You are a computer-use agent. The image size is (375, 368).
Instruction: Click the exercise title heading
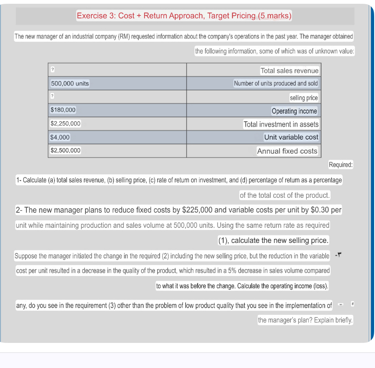tap(184, 16)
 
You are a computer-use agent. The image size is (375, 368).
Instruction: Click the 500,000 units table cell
tap(70, 84)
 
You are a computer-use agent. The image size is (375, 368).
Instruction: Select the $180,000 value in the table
tap(63, 110)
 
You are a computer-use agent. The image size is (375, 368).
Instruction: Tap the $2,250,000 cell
tap(65, 124)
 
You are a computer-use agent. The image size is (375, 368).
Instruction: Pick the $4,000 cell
tap(60, 137)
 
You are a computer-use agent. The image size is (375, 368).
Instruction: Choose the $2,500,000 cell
tap(65, 151)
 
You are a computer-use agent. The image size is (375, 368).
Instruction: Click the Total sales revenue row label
tap(289, 71)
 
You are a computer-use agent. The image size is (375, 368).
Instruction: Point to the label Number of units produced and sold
tap(276, 83)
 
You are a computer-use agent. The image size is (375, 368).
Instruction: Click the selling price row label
tap(303, 98)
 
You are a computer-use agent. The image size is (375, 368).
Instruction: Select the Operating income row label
tap(294, 111)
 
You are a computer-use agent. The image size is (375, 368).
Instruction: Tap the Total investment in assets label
tap(281, 124)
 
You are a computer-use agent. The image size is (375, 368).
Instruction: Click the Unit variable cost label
tap(291, 137)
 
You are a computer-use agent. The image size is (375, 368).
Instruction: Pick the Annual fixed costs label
tap(287, 151)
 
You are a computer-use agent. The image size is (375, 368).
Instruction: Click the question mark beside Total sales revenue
tap(52, 69)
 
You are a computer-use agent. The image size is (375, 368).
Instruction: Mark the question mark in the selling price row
tap(52, 96)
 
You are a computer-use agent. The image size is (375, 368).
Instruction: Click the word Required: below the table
tap(341, 165)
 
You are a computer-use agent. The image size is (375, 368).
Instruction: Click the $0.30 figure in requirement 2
tap(321, 210)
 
